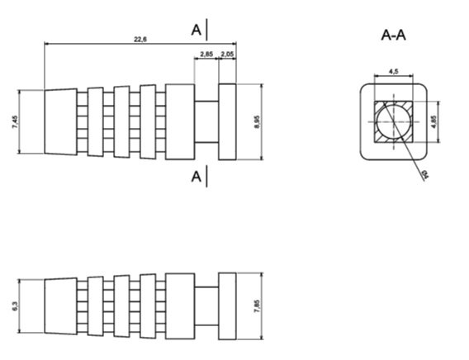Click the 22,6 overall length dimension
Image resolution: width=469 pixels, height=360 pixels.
coord(140,39)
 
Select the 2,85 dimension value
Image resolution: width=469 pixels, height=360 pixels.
coord(206,54)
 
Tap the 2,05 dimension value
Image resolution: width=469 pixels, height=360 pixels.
coord(228,54)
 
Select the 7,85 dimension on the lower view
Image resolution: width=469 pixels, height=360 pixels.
coord(258,305)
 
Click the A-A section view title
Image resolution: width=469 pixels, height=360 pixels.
coord(393,35)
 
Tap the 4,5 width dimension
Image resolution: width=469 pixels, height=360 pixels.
coord(394,73)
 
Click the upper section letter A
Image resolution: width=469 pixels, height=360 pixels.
coord(197,30)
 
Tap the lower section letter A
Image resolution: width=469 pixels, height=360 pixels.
coord(197,175)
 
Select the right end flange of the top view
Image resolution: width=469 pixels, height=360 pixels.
coord(227,121)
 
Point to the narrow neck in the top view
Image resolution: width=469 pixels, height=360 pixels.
coord(206,121)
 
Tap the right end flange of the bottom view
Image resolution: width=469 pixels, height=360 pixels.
coord(227,305)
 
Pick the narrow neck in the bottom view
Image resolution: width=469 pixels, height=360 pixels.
coord(206,305)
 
